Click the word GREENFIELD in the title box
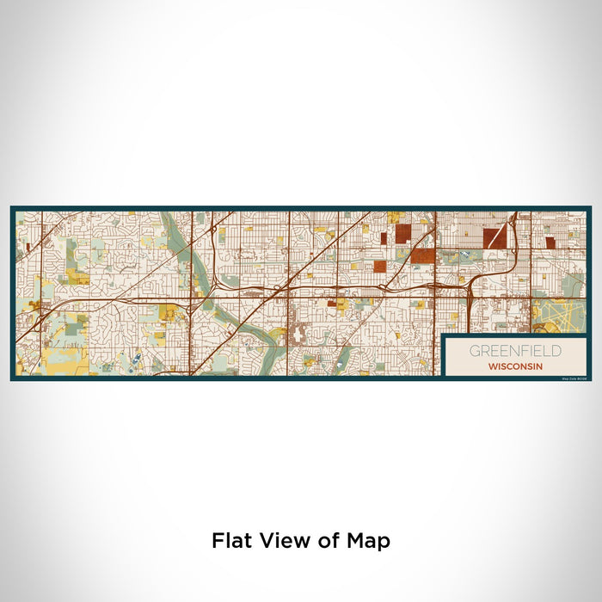click(515, 351)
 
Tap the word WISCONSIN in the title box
click(515, 365)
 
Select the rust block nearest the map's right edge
click(550, 243)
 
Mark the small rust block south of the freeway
click(332, 304)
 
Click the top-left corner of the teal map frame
click(12, 207)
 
